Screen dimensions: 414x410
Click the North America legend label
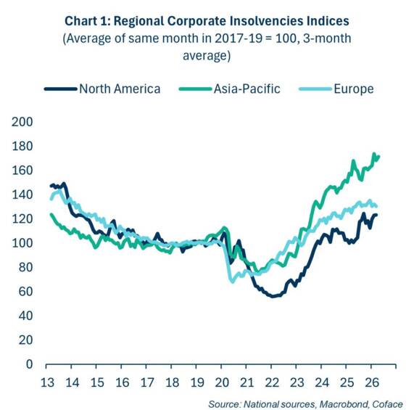[x=120, y=89]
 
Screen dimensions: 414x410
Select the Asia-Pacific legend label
[x=247, y=89]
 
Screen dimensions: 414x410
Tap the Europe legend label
[x=354, y=89]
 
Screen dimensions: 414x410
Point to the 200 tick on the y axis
[x=22, y=122]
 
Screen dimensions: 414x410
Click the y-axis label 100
[x=22, y=243]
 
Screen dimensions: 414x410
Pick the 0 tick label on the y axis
[x=29, y=364]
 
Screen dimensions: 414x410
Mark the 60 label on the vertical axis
[x=25, y=292]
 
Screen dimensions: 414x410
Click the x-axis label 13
[x=47, y=382]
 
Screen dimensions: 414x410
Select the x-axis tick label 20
[x=222, y=382]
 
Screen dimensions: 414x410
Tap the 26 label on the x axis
[x=372, y=382]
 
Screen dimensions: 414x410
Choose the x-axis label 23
[x=297, y=382]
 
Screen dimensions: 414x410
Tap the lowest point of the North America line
[x=273, y=296]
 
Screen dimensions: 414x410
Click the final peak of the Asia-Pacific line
[x=374, y=154]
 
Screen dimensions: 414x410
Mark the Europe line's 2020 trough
[x=233, y=282]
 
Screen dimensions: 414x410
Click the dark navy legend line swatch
[x=60, y=89]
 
